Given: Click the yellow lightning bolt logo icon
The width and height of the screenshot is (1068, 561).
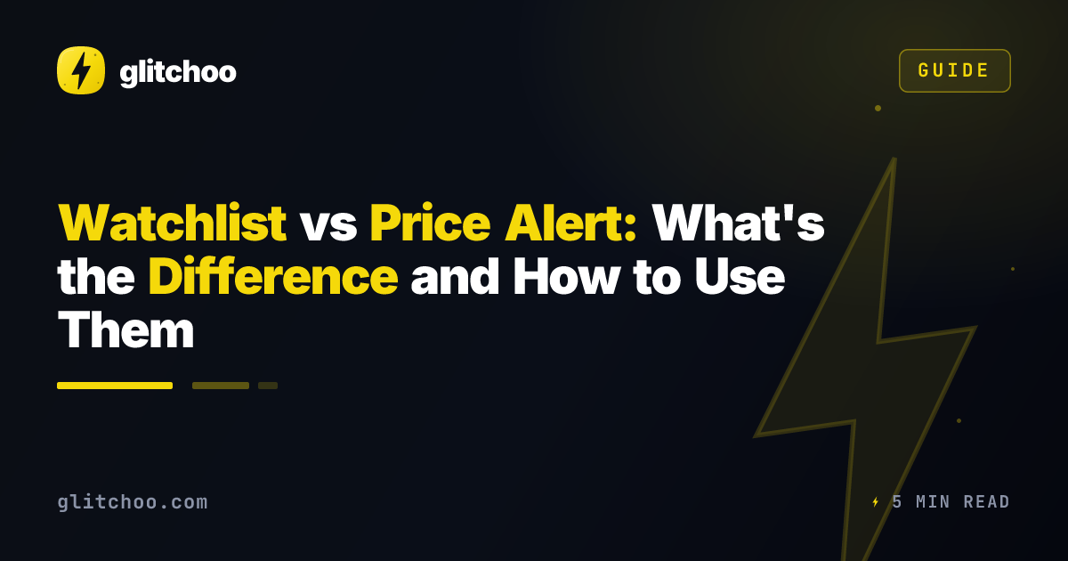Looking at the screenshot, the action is pos(81,70).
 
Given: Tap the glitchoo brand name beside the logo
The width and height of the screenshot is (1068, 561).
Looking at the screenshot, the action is pos(178,73).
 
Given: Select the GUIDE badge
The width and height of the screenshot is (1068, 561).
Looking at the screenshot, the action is pos(954,70).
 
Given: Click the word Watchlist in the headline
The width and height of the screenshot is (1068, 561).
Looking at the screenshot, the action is pos(172,223).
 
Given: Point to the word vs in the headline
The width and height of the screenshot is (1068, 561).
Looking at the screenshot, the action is pos(328,226).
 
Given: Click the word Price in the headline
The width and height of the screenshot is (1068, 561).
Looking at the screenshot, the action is pos(430,223).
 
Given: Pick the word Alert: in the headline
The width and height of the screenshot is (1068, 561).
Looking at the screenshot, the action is pos(570,223).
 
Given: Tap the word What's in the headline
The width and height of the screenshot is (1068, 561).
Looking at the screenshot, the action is pos(739,223).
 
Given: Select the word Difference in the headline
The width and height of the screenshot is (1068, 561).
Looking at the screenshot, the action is pos(273,276).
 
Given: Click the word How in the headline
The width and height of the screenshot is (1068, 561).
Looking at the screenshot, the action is pos(567,276).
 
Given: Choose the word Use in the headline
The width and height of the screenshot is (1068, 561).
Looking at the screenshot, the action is pos(740,276).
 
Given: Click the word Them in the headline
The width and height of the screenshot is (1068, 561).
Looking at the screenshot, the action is pos(125,330).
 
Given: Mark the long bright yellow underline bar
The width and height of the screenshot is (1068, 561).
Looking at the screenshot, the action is pos(115,386).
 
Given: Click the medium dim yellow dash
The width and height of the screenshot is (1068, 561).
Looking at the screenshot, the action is pos(221,386).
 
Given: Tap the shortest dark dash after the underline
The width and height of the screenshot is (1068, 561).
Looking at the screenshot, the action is pos(268,386).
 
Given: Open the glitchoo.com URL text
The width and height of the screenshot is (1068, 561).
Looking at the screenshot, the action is pos(133,502).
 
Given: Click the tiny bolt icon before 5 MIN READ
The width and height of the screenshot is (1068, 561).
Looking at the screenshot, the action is pos(876,502).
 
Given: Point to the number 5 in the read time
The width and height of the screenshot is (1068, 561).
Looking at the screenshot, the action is pos(897,502).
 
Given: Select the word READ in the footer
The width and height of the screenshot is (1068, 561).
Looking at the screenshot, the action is pos(986,502).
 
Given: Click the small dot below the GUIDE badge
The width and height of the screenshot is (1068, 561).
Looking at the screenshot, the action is pos(878,109).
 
